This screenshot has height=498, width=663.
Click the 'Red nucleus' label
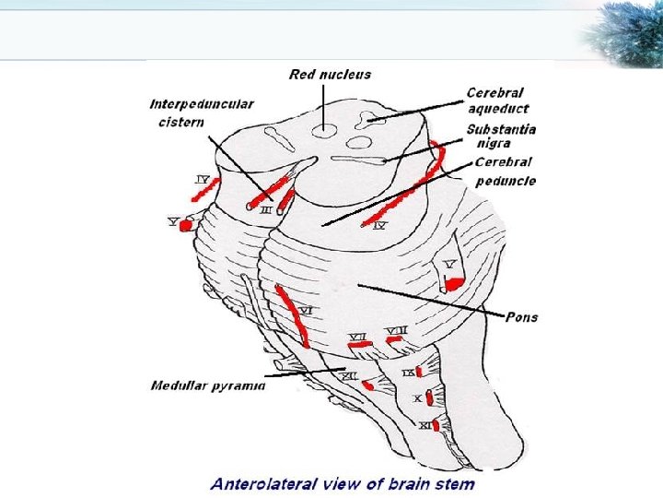click(330, 74)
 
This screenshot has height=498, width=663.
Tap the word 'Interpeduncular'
click(202, 104)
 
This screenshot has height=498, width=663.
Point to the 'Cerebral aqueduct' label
click(497, 100)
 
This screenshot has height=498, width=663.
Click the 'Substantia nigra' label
click(501, 136)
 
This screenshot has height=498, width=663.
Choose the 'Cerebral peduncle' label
click(505, 172)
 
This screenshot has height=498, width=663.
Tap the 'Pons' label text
click(521, 316)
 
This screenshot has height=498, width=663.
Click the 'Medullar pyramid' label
click(208, 385)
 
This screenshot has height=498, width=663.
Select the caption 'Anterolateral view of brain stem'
click(342, 483)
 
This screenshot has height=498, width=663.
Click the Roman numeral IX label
click(407, 373)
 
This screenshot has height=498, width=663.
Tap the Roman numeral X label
click(416, 399)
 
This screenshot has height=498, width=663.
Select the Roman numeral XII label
click(349, 376)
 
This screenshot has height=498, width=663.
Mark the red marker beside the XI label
click(436, 425)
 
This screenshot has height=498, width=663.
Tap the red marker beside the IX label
click(419, 372)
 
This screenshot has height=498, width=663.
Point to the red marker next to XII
click(367, 385)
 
